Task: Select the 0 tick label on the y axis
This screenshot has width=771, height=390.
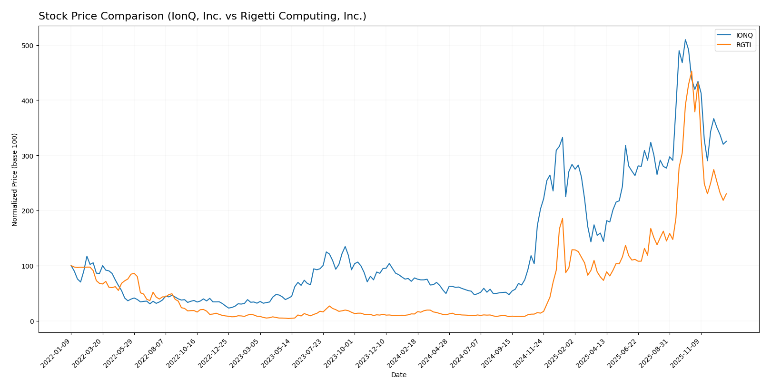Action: coord(31,321)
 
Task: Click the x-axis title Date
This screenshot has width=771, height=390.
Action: coord(399,375)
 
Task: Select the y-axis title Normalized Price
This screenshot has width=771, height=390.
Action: coord(15,180)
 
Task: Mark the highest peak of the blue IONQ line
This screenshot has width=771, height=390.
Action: coord(685,40)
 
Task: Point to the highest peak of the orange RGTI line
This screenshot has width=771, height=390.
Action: coord(692,72)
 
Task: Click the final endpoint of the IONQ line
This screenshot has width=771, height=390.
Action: coord(726,141)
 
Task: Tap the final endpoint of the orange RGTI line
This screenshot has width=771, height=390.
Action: coord(726,194)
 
